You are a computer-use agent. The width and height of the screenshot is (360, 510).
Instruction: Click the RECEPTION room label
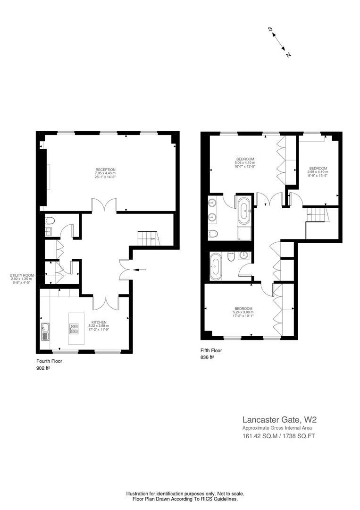[105, 173]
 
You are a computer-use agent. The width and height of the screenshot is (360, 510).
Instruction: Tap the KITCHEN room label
[99, 325]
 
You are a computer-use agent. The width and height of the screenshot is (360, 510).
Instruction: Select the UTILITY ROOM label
[21, 279]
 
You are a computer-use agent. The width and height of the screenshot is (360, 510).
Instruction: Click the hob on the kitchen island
[74, 329]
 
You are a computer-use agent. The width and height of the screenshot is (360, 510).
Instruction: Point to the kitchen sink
[45, 332]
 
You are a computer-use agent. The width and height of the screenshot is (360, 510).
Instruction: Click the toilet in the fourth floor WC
[50, 221]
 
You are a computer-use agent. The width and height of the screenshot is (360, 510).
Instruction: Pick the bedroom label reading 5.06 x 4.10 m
[245, 162]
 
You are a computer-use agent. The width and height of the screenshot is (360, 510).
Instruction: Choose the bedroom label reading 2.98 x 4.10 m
[318, 172]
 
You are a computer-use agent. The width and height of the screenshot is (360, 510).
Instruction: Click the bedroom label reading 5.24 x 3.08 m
[243, 312]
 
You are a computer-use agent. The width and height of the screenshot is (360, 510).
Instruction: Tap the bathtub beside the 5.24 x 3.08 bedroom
[216, 267]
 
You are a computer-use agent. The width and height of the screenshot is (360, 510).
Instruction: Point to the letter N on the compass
[288, 55]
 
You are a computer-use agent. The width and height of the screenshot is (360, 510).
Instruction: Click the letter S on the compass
[270, 29]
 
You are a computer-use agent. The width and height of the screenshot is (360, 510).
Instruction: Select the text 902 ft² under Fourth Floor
[43, 368]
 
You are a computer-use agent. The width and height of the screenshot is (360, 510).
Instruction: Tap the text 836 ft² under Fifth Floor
[207, 357]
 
